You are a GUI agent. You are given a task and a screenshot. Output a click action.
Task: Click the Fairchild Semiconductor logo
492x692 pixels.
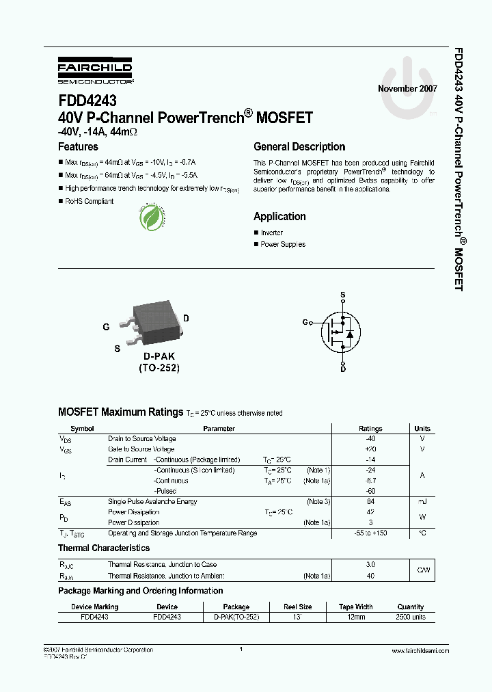(x=94, y=71)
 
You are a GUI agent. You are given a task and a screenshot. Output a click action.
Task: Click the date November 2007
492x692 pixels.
(x=407, y=89)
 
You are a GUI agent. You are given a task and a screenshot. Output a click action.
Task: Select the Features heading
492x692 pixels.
(x=78, y=147)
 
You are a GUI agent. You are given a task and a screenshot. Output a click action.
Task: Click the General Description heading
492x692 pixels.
(x=299, y=147)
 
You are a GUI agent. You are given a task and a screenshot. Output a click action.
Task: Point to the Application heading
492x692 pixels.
(x=279, y=217)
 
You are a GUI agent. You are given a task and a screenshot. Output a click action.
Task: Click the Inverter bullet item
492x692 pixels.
(x=271, y=233)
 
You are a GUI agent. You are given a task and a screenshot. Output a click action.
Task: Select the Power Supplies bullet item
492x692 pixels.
(x=283, y=245)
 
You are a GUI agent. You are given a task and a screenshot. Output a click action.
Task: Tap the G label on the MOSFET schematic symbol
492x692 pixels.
(x=305, y=322)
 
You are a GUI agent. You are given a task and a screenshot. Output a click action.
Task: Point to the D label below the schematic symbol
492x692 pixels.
(x=343, y=369)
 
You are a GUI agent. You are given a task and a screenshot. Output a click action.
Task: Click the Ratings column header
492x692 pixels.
(x=370, y=429)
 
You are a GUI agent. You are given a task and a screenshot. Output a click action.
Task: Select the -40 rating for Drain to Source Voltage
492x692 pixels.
(x=370, y=439)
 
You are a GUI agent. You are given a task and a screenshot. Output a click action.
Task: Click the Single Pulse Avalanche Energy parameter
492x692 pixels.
(x=152, y=502)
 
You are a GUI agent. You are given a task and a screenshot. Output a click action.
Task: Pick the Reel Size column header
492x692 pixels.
(x=297, y=607)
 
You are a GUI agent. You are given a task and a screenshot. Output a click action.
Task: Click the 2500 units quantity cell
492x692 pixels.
(x=410, y=617)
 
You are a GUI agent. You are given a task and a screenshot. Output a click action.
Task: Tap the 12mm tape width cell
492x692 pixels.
(x=355, y=617)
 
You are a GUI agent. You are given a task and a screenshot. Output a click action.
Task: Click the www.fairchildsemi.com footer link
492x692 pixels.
(x=417, y=651)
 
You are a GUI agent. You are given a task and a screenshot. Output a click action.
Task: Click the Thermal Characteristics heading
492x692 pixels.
(x=104, y=548)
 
